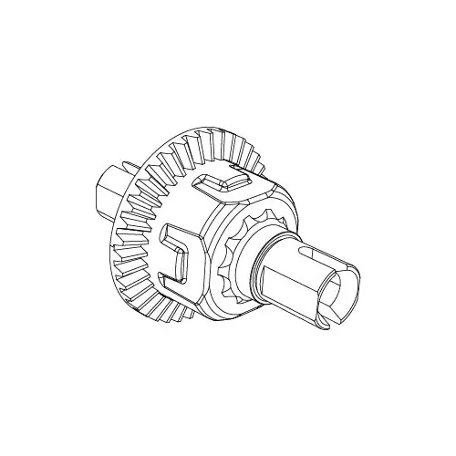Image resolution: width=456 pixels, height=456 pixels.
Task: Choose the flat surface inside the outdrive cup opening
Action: pos(342,296)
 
